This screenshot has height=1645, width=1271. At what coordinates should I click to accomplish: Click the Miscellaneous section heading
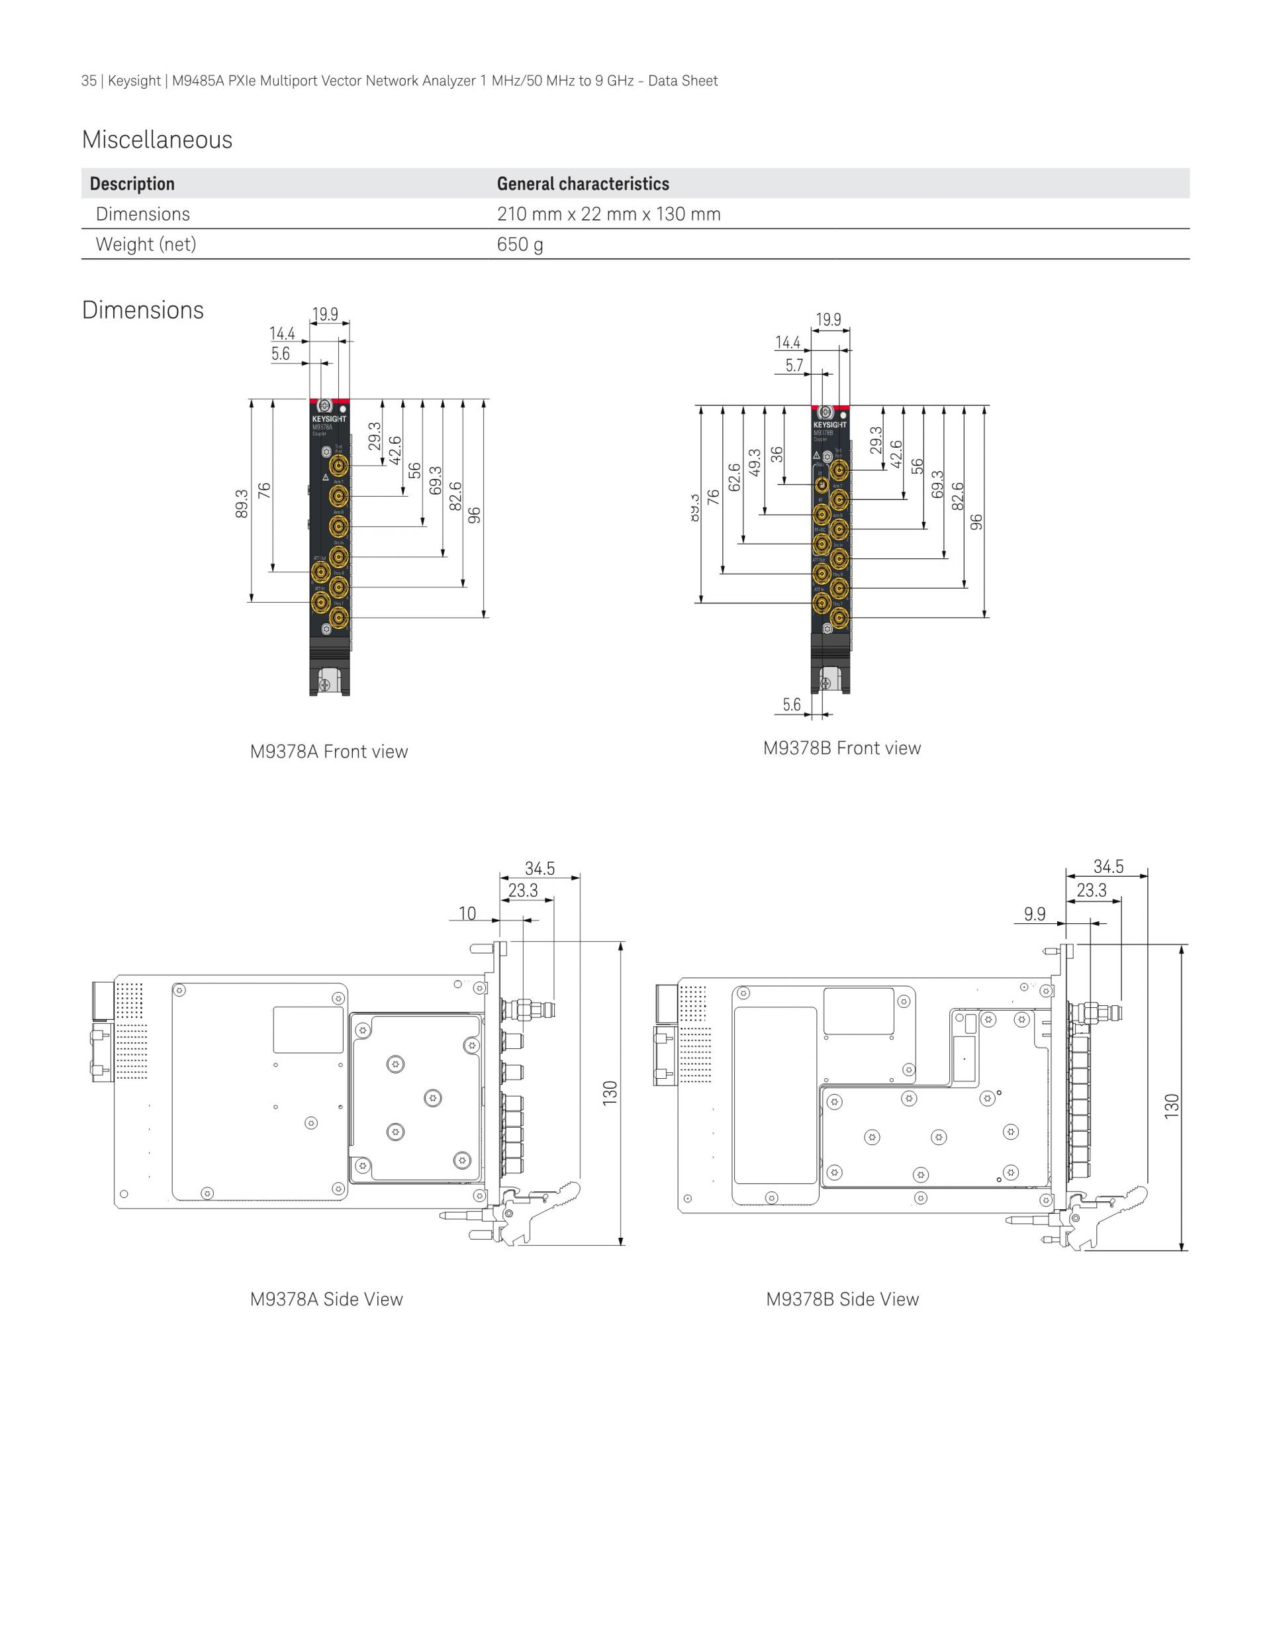click(x=157, y=140)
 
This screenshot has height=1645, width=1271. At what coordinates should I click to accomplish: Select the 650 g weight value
click(x=520, y=244)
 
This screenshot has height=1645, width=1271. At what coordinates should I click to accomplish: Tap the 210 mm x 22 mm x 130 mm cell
click(x=608, y=214)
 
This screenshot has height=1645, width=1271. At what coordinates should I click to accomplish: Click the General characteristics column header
click(x=583, y=184)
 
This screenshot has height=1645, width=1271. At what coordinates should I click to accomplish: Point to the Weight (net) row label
click(x=146, y=244)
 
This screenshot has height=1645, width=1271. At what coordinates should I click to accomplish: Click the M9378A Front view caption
click(x=328, y=752)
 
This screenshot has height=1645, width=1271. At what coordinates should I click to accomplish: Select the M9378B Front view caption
click(x=842, y=748)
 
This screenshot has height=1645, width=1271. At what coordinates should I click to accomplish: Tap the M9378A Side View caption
click(x=326, y=1299)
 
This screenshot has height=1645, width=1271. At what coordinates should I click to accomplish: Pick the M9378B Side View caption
click(x=843, y=1299)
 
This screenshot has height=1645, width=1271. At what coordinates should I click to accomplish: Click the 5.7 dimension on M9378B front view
click(x=794, y=366)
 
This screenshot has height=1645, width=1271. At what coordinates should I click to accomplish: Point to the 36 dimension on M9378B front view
click(x=777, y=454)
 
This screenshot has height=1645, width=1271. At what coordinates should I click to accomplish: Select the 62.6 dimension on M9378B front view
click(x=735, y=477)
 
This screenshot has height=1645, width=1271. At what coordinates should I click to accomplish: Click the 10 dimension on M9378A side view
click(x=467, y=914)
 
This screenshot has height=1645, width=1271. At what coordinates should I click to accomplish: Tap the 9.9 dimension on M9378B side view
click(x=1035, y=914)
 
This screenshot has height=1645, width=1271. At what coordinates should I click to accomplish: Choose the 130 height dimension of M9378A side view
click(x=610, y=1093)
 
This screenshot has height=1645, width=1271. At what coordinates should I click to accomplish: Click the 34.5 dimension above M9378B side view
click(x=1108, y=867)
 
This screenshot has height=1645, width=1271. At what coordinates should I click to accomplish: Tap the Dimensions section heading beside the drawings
click(x=142, y=311)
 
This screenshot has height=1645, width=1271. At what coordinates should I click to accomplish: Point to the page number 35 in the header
click(x=88, y=81)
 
